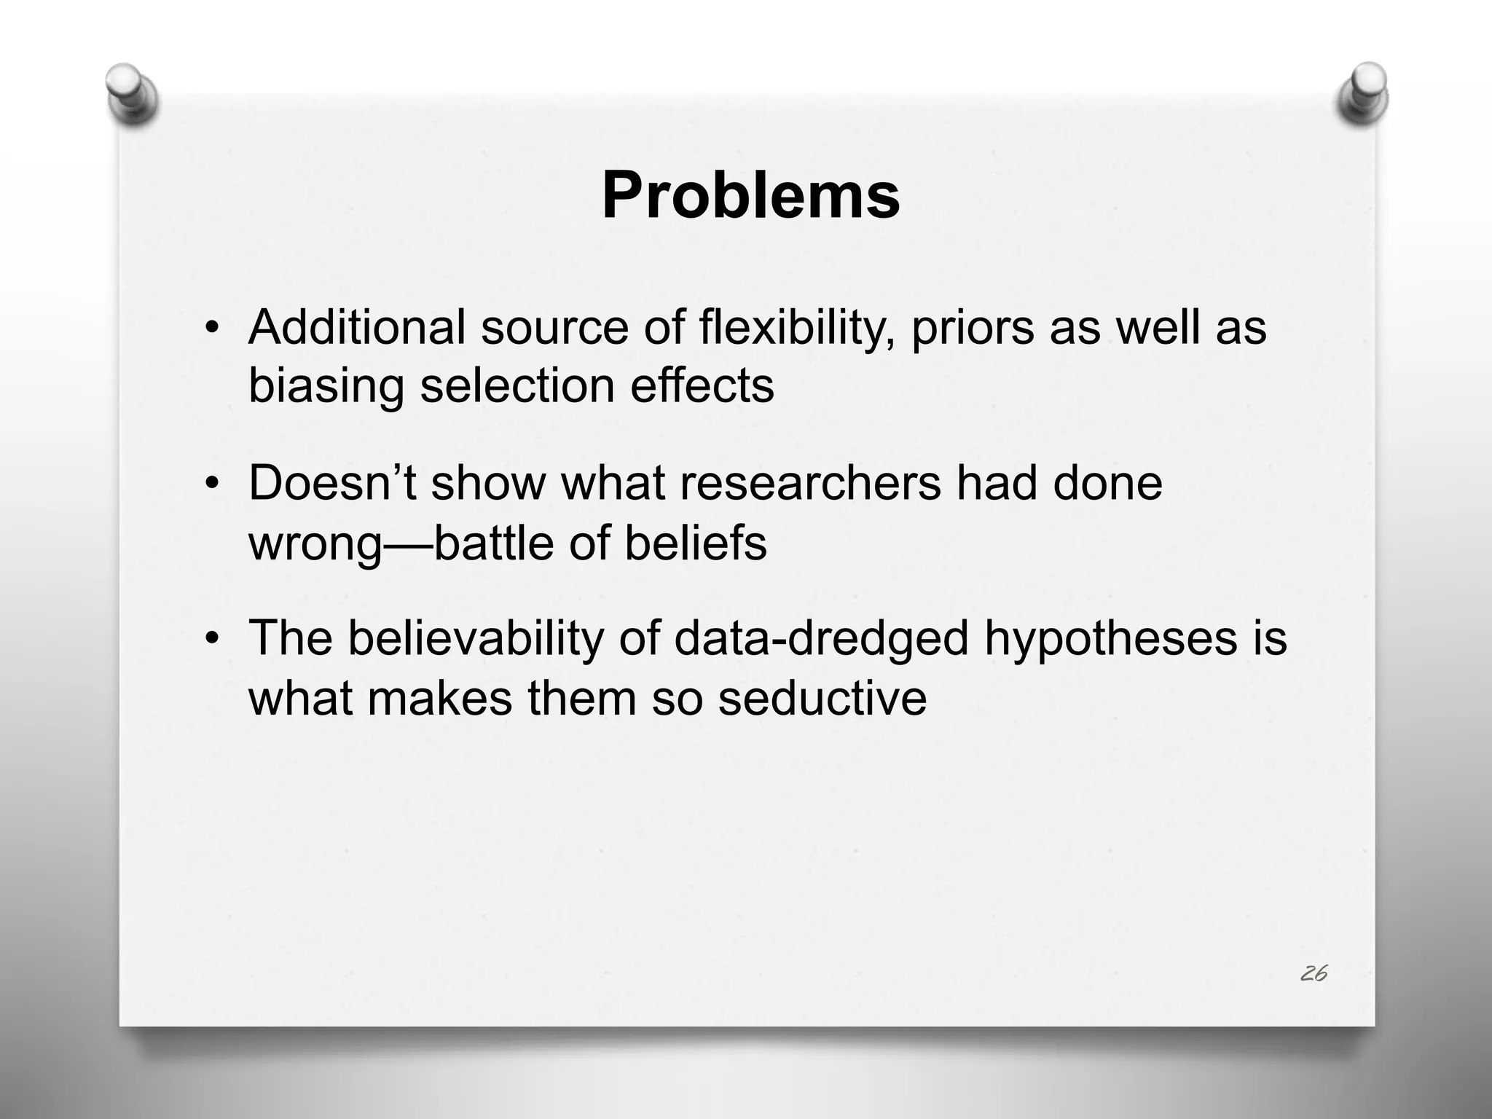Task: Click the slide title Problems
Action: click(750, 195)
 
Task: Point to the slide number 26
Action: click(1313, 973)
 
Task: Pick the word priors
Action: click(973, 328)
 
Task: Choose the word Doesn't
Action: click(332, 482)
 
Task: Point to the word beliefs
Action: click(695, 542)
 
